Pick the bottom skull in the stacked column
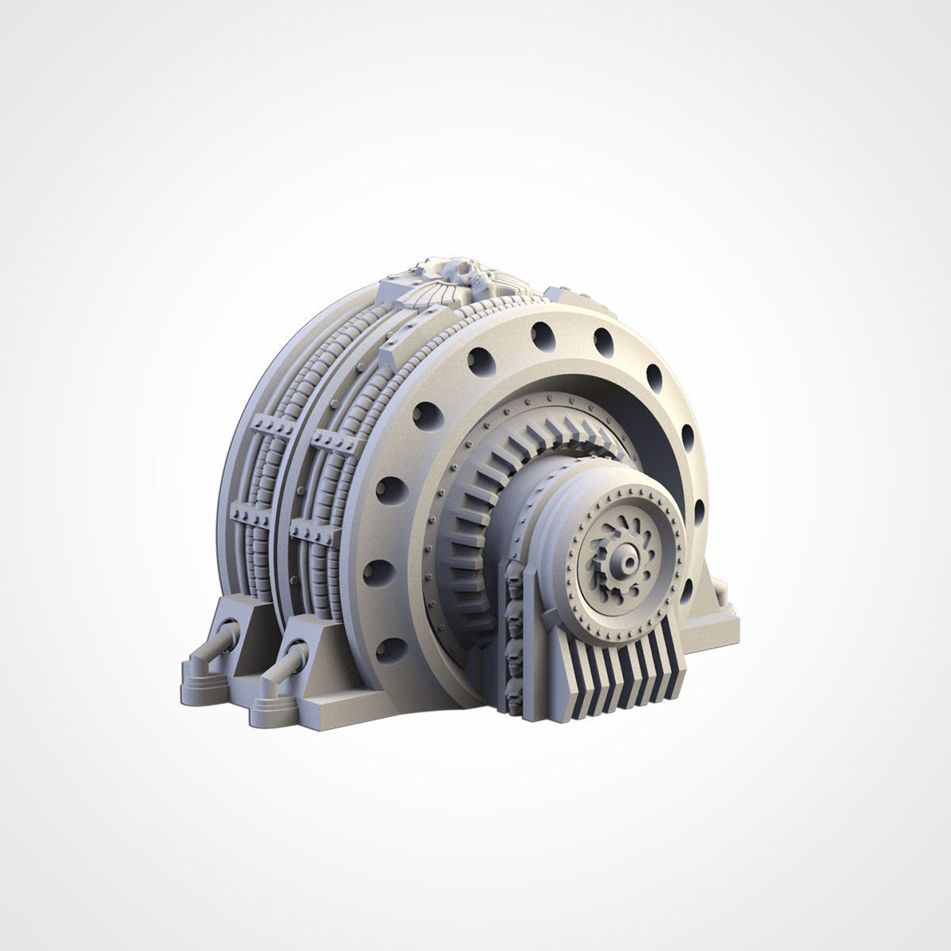pyautogui.click(x=514, y=688)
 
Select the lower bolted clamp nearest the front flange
pyautogui.click(x=313, y=526)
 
